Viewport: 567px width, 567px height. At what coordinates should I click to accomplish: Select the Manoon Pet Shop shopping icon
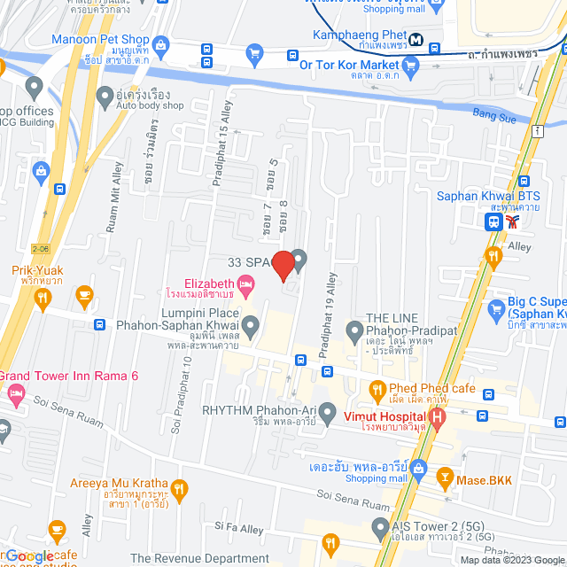point(160,43)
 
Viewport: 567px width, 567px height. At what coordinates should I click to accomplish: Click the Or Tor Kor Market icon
point(410,65)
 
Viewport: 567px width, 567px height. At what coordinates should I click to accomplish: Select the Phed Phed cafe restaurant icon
point(377,389)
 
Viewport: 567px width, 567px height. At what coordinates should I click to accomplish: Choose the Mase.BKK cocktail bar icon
point(445,480)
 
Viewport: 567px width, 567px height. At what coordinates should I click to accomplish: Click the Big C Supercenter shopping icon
point(496,307)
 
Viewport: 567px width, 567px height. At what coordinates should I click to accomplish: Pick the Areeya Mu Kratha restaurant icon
point(179,489)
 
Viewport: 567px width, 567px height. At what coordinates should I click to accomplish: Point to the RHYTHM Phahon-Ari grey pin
point(328,411)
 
